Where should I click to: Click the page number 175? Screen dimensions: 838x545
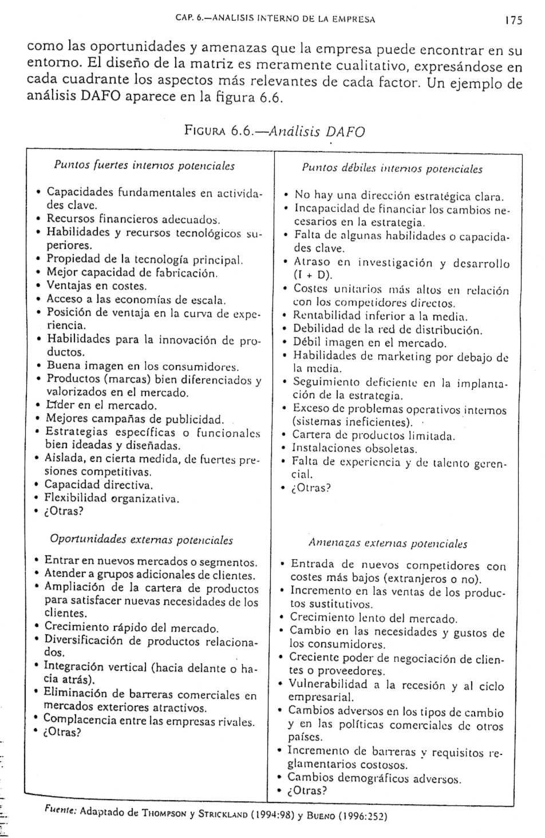[514, 21]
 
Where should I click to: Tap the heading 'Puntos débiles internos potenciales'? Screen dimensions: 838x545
[392, 169]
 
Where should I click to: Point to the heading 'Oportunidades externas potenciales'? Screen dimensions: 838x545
[141, 539]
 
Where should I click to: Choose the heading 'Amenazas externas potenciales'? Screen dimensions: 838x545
[388, 544]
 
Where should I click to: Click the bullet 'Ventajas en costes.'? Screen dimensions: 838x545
[97, 286]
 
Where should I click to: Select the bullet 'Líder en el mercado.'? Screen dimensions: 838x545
[101, 406]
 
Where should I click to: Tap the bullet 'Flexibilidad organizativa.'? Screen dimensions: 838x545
[113, 499]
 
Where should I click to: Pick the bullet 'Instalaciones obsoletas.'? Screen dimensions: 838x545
[354, 449]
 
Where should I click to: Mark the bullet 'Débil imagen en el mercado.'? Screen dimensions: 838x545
[369, 343]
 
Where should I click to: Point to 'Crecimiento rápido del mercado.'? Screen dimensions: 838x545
[131, 628]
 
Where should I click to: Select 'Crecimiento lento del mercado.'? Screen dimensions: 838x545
[373, 619]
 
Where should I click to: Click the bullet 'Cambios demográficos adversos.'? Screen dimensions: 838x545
[374, 778]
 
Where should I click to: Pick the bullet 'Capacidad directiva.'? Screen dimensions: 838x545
[100, 485]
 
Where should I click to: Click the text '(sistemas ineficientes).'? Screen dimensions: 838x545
[353, 422]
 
